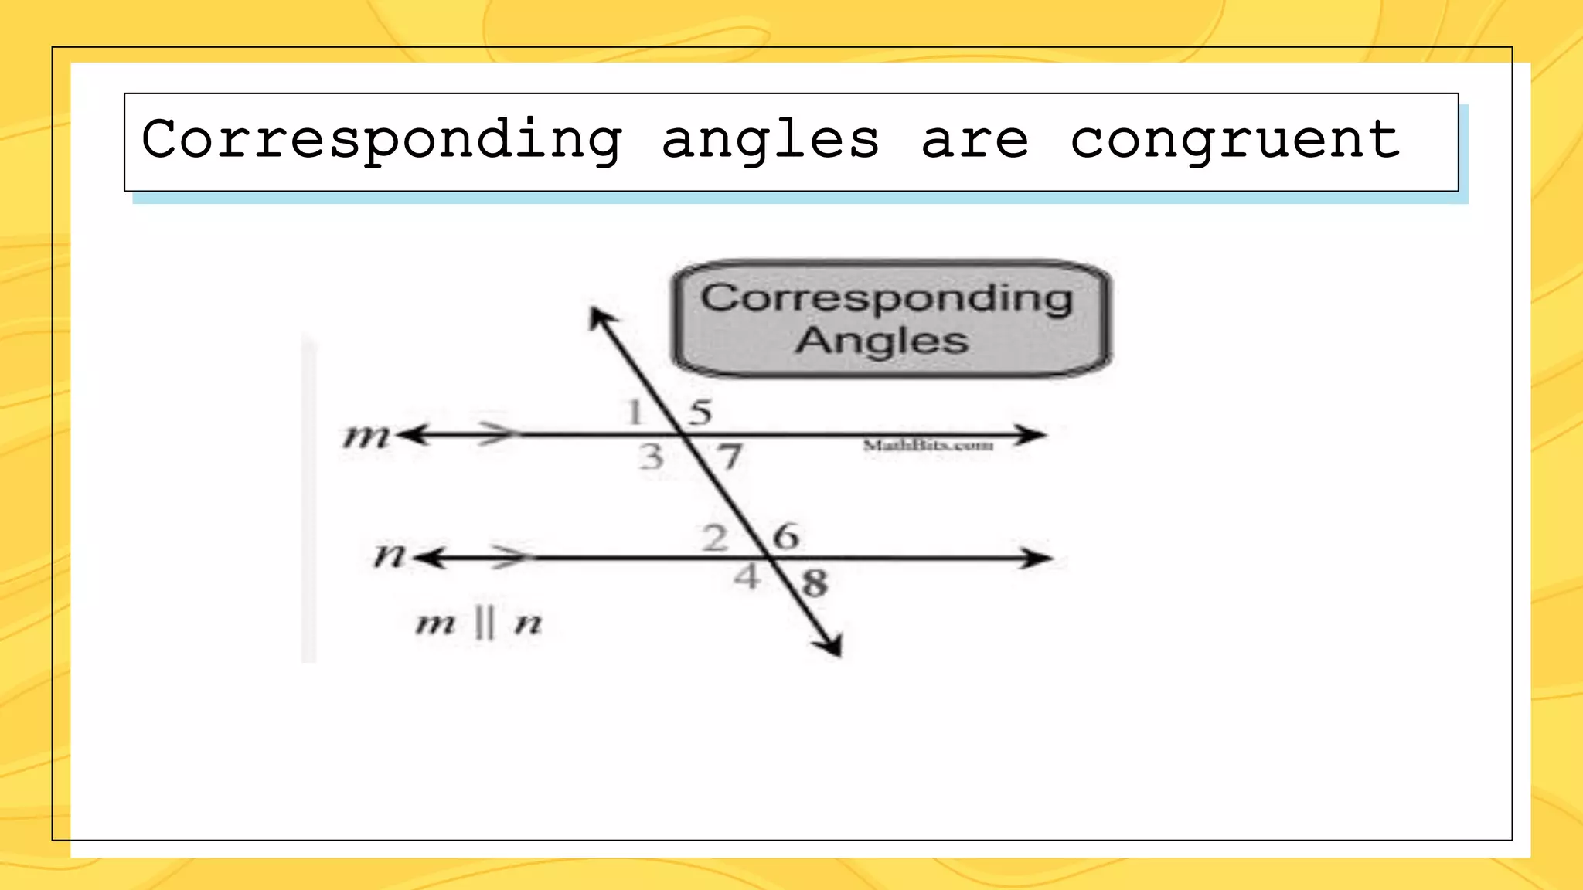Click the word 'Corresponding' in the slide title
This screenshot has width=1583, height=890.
[382, 140]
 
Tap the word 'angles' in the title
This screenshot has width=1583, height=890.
[771, 140]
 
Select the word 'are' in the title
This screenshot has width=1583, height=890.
[975, 140]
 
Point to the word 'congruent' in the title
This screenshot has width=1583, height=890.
[1234, 140]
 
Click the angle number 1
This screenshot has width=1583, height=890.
[635, 412]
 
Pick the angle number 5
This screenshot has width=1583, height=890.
[700, 413]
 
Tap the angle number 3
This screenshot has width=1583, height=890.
[652, 457]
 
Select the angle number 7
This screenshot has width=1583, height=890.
[730, 457]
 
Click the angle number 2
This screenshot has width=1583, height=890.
[715, 538]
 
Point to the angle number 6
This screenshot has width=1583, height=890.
[785, 536]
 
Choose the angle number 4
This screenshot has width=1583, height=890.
[747, 576]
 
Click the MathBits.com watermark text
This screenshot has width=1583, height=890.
[928, 445]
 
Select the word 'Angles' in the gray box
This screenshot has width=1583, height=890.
[882, 341]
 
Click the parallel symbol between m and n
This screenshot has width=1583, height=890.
[484, 623]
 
